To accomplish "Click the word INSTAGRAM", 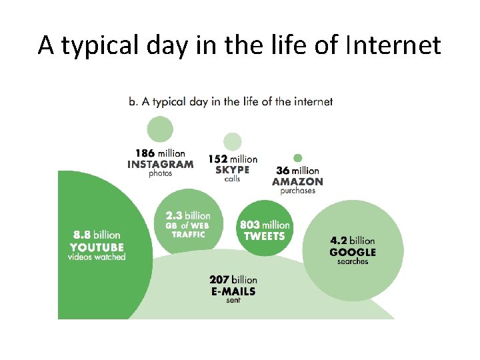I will pos(161,164).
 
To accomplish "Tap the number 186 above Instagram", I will pos(145,154).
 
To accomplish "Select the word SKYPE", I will pos(232,169).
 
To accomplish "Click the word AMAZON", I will pos(298,181).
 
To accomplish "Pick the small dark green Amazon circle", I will pos(298,158).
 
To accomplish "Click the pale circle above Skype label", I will pos(232,141).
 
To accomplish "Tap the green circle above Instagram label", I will pos(160,129).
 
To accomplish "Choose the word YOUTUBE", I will pos(97,246).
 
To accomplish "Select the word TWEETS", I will pos(264,236).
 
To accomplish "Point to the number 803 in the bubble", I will pos(250,225).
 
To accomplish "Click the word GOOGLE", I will pos(353,252).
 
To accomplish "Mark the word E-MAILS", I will pos(233,291).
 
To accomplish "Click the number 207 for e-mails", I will pos(219,280).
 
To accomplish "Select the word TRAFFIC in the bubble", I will pos(188,234).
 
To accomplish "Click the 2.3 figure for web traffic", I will pos(174,215).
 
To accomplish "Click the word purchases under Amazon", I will pos(298,191).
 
